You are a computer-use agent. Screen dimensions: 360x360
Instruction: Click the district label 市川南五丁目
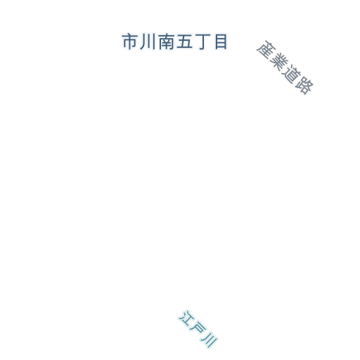point(174,41)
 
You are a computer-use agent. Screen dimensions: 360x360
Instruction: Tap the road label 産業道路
point(285,67)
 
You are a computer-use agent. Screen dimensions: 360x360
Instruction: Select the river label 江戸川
point(198,329)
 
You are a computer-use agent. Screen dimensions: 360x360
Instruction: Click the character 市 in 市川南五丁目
point(129,41)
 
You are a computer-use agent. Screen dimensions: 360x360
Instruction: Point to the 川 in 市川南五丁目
point(148,41)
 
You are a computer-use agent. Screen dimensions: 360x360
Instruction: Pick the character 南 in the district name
point(166,41)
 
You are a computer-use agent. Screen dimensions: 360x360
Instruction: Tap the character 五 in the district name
point(184,41)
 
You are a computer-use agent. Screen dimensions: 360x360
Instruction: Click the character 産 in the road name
point(265,49)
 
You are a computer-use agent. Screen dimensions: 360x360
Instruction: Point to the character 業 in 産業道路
point(278,61)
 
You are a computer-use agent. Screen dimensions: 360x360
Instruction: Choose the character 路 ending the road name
point(304,86)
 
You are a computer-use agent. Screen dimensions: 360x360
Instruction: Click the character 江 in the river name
point(186,318)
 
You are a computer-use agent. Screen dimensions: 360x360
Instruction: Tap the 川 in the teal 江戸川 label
point(210,340)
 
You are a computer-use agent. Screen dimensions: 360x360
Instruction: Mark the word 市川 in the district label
point(139,41)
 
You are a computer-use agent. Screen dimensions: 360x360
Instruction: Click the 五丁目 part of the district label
point(202,42)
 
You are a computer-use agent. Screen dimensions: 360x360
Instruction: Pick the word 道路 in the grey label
point(298,79)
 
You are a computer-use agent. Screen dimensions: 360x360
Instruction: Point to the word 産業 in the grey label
point(272,56)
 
